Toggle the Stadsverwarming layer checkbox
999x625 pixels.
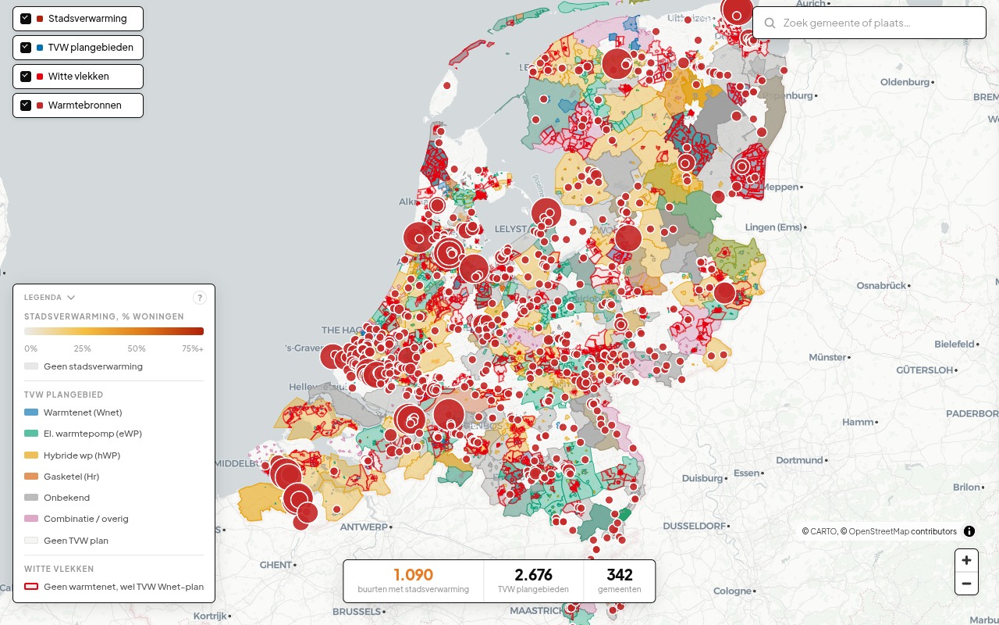tap(26, 19)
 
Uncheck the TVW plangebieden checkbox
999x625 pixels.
tap(26, 48)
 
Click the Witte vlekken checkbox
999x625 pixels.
tap(26, 77)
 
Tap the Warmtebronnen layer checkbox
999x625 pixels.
tap(26, 105)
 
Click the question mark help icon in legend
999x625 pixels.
tap(199, 298)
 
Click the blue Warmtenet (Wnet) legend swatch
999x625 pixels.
tap(31, 412)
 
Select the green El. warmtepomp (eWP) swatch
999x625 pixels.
tap(31, 434)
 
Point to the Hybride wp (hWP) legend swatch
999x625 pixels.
tap(31, 455)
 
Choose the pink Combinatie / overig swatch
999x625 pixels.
tap(31, 519)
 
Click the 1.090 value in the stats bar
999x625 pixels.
tap(413, 575)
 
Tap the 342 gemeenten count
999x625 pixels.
tap(619, 575)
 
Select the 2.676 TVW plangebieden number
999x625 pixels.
tap(533, 575)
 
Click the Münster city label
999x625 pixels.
tap(827, 357)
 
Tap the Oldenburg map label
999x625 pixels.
tap(905, 82)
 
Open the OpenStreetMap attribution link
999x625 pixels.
tap(878, 531)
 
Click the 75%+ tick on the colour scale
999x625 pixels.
tap(193, 348)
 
